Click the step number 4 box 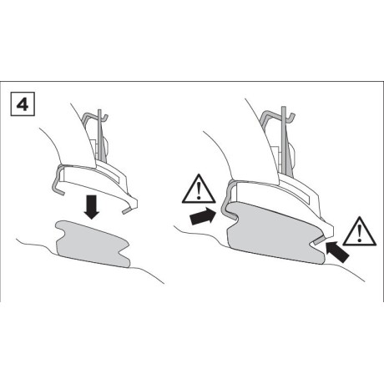23,104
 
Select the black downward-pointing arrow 92,207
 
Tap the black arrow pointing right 203,215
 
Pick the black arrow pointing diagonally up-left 337,251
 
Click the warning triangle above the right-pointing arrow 199,189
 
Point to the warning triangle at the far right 360,232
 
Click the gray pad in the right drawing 274,233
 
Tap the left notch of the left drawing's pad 61,231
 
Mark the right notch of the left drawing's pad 124,247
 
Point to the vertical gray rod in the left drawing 100,135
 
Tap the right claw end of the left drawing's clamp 128,210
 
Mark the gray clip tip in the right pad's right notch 320,240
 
